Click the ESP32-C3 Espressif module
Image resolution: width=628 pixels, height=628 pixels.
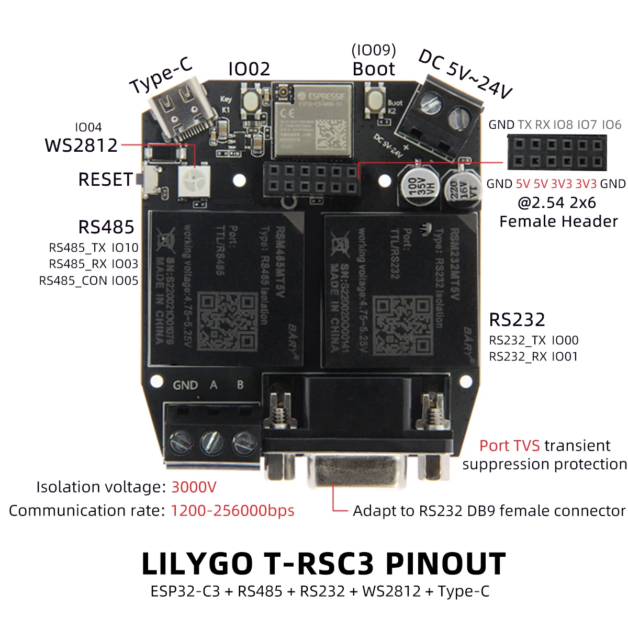(313, 121)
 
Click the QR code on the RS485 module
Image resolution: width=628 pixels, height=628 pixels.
(229, 321)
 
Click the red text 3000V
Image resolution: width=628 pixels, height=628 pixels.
(194, 487)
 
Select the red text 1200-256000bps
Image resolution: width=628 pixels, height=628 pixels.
(232, 511)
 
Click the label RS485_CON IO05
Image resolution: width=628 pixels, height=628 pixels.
(88, 281)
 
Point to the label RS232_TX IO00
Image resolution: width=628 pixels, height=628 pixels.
(534, 341)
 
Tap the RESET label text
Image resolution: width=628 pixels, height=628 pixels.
(105, 180)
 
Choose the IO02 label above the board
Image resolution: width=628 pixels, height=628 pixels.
(249, 69)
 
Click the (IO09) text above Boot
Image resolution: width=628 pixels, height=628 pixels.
(374, 50)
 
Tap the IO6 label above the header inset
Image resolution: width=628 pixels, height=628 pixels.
(611, 125)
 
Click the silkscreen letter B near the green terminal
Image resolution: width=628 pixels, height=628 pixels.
(240, 385)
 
